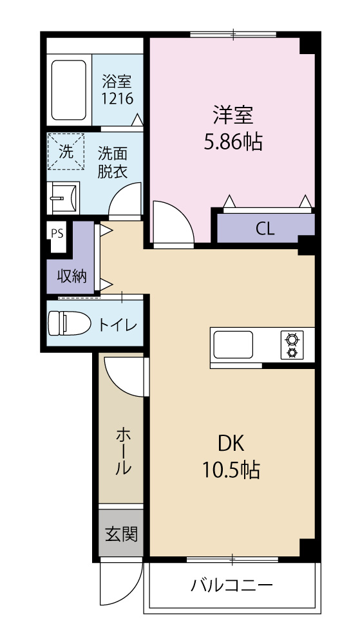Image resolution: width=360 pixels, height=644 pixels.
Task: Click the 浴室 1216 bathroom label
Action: pos(117,90)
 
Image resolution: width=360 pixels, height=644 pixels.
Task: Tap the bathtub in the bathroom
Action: pos(68,91)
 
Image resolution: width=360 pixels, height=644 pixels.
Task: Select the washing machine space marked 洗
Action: pos(66,152)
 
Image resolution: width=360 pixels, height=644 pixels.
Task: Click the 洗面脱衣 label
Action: pos(112,162)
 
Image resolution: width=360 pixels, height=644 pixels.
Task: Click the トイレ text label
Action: pos(117,325)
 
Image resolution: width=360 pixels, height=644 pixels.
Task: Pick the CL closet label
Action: pos(265,229)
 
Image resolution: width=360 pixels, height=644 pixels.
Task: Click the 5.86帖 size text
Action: pos(233,142)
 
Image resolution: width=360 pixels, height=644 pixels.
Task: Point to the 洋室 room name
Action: pos(233,116)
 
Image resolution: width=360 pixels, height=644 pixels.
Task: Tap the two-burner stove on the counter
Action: pos(291,345)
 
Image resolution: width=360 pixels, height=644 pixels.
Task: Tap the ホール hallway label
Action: pos(122,451)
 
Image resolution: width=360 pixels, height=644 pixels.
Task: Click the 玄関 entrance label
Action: pos(121,533)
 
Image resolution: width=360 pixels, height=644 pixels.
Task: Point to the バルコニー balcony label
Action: pos(232,586)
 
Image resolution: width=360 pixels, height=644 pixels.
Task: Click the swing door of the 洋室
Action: pos(171,222)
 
